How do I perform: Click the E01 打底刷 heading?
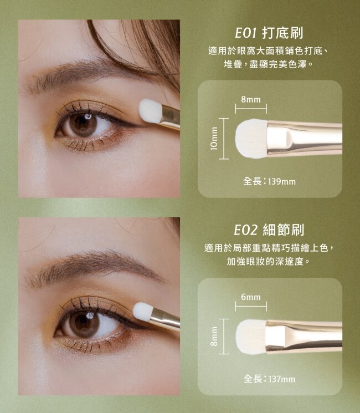[x=269, y=33]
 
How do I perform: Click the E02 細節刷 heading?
[x=269, y=230]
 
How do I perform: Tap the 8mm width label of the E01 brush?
[x=251, y=100]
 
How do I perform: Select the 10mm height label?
[x=214, y=139]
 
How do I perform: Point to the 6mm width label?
[x=251, y=297]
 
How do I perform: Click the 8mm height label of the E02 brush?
[x=214, y=336]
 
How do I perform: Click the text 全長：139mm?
[x=269, y=181]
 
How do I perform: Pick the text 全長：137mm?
[x=269, y=379]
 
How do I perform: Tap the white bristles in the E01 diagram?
[x=251, y=139]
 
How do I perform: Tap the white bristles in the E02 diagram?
[x=251, y=336]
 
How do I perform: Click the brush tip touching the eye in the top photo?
[x=150, y=110]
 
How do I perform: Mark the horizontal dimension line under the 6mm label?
[x=251, y=307]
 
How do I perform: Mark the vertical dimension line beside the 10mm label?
[x=223, y=139]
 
